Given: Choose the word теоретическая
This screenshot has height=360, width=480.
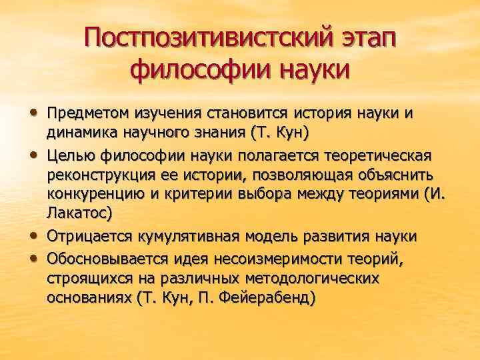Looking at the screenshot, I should pos(375,155).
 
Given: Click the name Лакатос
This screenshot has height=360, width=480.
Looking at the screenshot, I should pos(76,213).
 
